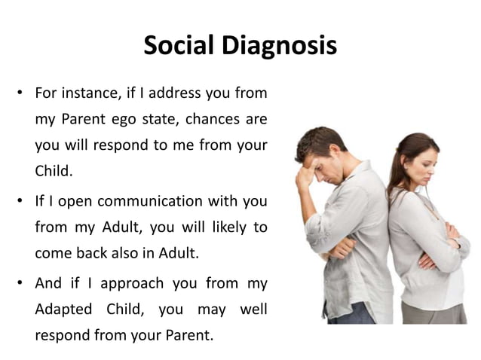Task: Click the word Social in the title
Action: click(177, 46)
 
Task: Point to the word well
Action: click(253, 309)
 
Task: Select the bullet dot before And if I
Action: click(17, 284)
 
